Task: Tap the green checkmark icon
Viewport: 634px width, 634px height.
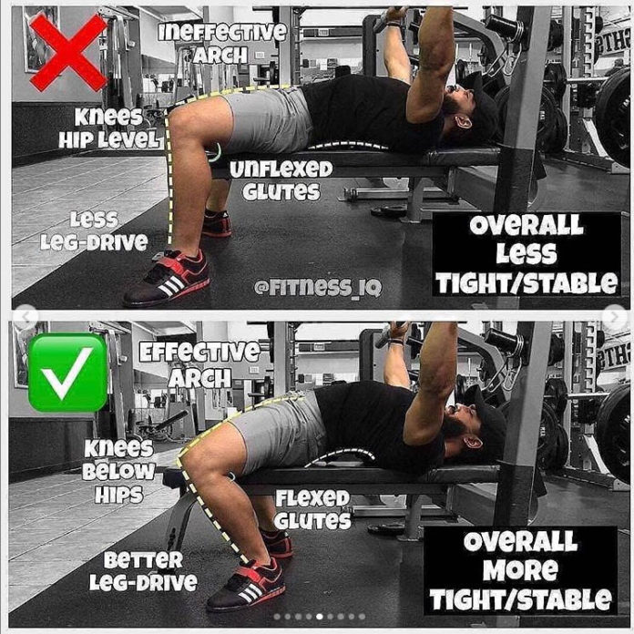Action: pos(67,373)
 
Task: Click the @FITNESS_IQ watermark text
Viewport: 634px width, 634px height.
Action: pos(318,288)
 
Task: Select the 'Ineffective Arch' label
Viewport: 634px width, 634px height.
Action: pos(222,42)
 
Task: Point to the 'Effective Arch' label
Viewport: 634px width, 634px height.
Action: pos(199,363)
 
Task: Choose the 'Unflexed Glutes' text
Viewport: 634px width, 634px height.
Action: pos(281,180)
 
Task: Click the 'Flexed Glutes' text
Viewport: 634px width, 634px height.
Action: pos(312,509)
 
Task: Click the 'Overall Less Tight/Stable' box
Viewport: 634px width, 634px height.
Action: pos(527,254)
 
